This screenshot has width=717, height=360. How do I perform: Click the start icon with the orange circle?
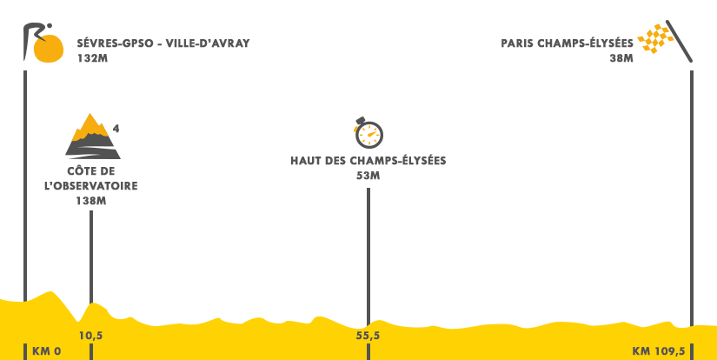[x=43, y=43]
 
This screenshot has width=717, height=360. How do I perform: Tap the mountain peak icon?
[x=93, y=136]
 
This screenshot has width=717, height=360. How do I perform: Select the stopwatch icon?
[x=368, y=133]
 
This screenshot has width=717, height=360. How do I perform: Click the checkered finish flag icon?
[x=666, y=41]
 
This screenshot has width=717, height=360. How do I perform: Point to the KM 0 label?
[x=46, y=351]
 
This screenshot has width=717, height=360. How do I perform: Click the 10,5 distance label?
[x=91, y=336]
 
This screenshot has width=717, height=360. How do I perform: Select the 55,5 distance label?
[x=368, y=336]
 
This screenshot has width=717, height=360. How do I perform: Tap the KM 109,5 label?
[x=659, y=351]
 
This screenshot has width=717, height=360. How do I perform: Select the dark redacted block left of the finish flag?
[x=569, y=50]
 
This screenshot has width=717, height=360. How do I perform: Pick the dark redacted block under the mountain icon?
[x=90, y=184]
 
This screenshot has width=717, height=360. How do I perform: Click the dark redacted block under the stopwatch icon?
[x=382, y=167]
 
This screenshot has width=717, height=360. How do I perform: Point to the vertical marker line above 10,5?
[x=90, y=248]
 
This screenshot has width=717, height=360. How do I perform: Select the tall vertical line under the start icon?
[x=25, y=178]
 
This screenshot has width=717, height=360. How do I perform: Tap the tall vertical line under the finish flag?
[x=691, y=178]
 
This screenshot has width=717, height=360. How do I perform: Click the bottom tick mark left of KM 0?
[x=25, y=351]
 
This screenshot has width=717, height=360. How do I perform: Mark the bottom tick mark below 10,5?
[x=90, y=351]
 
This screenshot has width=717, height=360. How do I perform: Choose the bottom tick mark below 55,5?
[x=368, y=351]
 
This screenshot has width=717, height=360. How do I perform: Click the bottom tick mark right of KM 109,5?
[x=692, y=351]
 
